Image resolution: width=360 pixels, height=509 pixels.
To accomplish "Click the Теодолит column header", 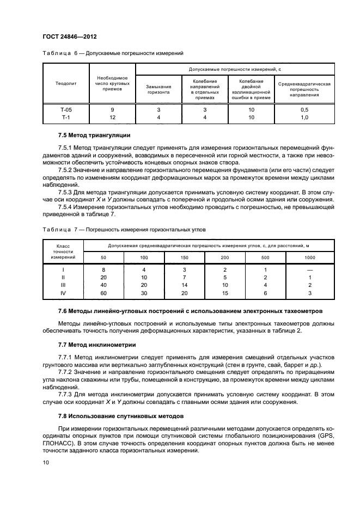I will [x=65, y=84].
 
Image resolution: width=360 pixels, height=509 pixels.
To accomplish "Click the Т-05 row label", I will [x=66, y=109].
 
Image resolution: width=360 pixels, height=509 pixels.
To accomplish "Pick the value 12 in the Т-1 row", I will [x=112, y=117].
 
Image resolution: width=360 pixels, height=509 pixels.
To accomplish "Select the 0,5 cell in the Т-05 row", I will [x=304, y=109].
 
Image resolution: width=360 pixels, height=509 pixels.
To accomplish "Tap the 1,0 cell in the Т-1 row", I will [x=304, y=117].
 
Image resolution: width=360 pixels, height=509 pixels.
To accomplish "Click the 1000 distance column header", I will [x=309, y=257].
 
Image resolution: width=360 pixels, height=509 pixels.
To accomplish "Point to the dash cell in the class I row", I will [x=309, y=269].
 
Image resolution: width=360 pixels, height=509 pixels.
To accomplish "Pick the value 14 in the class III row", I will [x=184, y=285].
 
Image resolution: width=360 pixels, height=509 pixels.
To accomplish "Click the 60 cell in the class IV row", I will [x=103, y=292].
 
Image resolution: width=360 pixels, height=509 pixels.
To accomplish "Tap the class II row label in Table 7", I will [x=63, y=277].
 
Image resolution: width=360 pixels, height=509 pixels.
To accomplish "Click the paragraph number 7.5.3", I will [x=65, y=192].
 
